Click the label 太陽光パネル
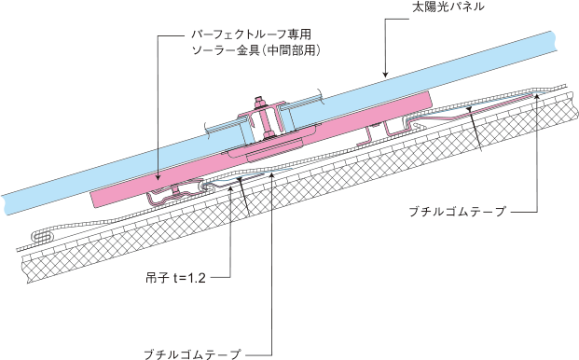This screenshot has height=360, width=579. pyautogui.click(x=448, y=7)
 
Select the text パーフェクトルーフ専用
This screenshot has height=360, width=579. pyautogui.click(x=251, y=35)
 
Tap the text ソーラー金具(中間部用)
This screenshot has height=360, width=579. pyautogui.click(x=255, y=50)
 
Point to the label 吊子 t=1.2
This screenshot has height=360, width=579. pyautogui.click(x=175, y=277)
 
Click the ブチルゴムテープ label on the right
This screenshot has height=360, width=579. pyautogui.click(x=457, y=212)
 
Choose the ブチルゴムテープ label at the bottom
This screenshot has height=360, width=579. pyautogui.click(x=192, y=354)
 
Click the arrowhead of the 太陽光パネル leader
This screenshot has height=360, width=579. pyautogui.click(x=385, y=74)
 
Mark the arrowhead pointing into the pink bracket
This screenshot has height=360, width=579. pyautogui.click(x=159, y=177)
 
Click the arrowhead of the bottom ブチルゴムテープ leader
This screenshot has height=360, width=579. pyautogui.click(x=271, y=173)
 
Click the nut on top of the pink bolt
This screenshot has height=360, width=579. pyautogui.click(x=259, y=101)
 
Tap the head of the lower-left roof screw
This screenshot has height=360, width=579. pyautogui.click(x=240, y=179)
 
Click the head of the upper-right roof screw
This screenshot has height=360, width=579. pyautogui.click(x=469, y=108)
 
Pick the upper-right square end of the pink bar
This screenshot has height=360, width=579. pyautogui.click(x=428, y=99)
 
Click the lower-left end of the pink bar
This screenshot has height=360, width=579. pyautogui.click(x=93, y=200)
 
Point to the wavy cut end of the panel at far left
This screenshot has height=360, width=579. pyautogui.click(x=4, y=204)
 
